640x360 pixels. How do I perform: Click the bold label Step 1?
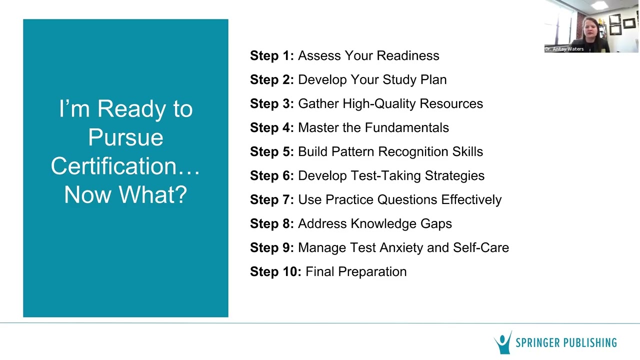(x=272, y=55)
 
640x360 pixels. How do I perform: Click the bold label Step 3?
(x=272, y=103)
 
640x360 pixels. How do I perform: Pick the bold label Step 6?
(x=272, y=175)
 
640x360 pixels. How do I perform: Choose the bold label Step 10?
(x=275, y=271)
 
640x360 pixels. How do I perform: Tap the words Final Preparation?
(x=356, y=271)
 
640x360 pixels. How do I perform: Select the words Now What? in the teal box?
(x=125, y=194)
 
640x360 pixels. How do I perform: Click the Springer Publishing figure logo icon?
(x=503, y=342)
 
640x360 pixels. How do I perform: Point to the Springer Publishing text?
(x=566, y=343)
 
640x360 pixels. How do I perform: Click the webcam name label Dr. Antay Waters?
(x=564, y=49)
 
